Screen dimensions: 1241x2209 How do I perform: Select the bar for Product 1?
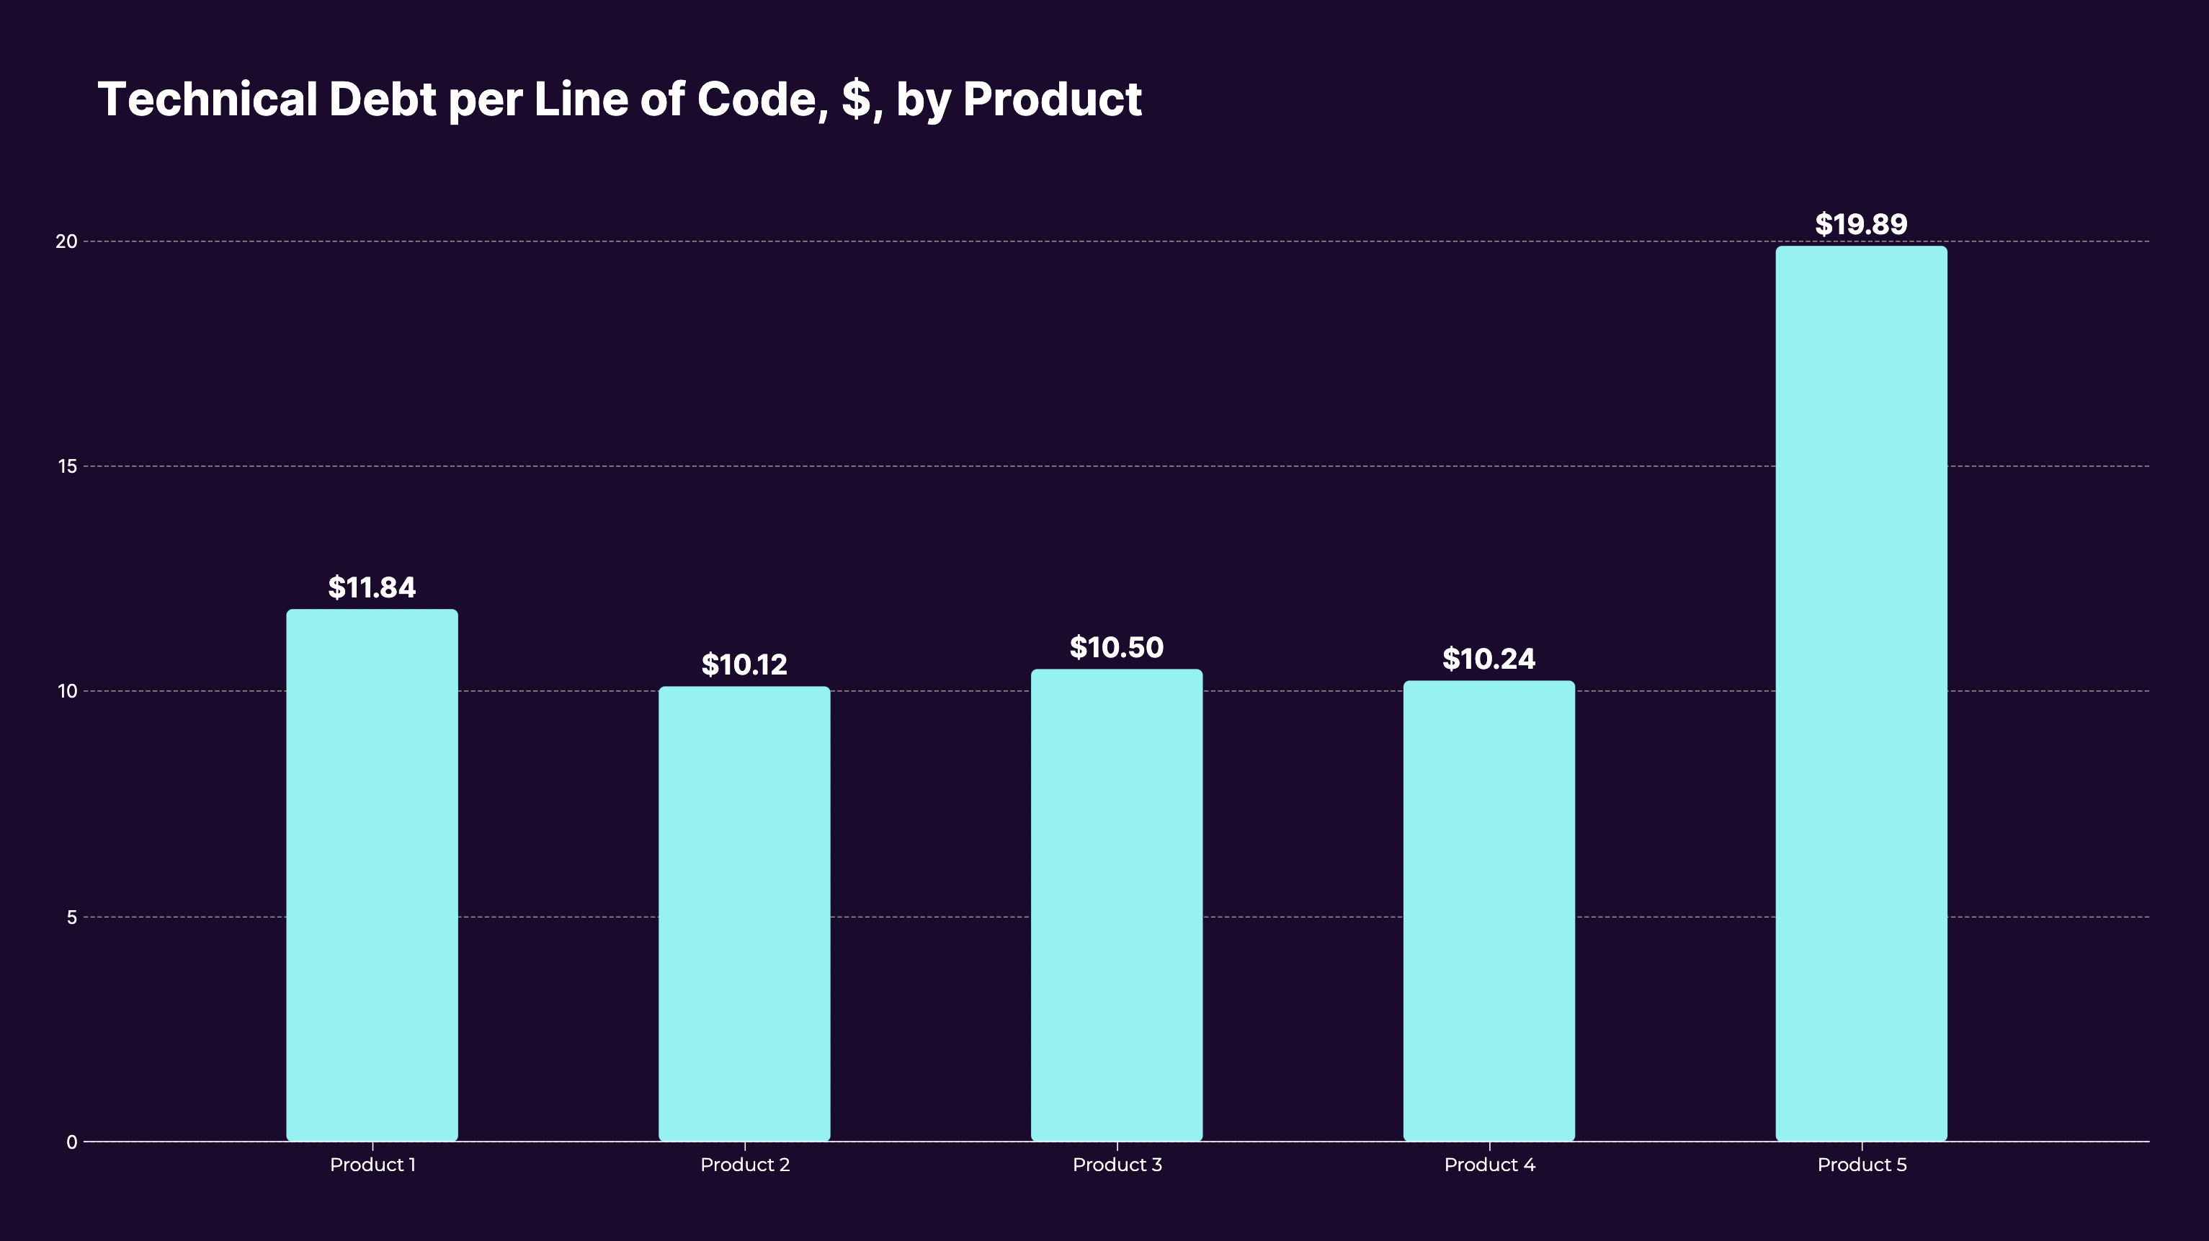[x=372, y=875]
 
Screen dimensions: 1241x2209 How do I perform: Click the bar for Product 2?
[x=744, y=913]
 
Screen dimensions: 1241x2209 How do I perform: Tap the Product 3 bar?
[x=1117, y=905]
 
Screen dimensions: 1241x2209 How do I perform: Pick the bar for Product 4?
[x=1489, y=911]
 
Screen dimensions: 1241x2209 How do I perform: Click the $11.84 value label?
[x=372, y=588]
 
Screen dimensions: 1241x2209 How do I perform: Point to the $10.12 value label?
[x=744, y=665]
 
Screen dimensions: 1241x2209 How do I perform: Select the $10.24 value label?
[x=1489, y=659]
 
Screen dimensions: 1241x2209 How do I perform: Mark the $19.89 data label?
[x=1861, y=225]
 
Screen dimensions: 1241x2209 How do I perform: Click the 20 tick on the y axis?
[x=66, y=242]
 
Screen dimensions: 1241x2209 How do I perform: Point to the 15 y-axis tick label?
[x=67, y=466]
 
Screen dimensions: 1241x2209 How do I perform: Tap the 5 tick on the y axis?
[x=71, y=917]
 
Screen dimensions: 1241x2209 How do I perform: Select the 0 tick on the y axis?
[x=71, y=1142]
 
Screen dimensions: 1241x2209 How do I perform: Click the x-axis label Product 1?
[x=372, y=1165]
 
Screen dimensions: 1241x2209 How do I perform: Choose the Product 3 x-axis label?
[x=1117, y=1165]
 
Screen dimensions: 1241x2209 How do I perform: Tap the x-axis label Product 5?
[x=1861, y=1165]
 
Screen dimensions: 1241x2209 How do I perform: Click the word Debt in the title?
[x=383, y=99]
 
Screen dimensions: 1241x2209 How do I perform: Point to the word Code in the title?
[x=760, y=99]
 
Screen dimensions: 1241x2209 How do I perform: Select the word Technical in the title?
[x=207, y=99]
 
